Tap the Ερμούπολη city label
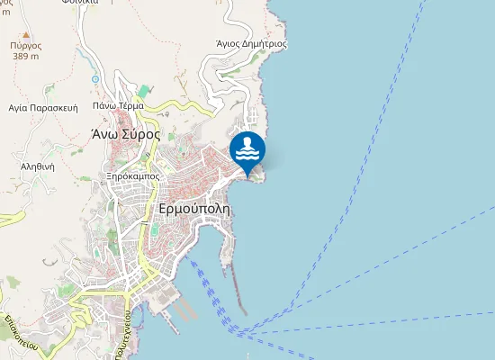[x=193, y=207]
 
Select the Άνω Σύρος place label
[x=125, y=134]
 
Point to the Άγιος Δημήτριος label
[x=252, y=42]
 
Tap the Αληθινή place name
[x=38, y=166]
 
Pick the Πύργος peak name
[x=26, y=44]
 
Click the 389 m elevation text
[x=26, y=56]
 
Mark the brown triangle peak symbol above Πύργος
[x=27, y=33]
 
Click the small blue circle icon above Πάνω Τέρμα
[x=96, y=79]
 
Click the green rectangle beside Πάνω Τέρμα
[x=145, y=92]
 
